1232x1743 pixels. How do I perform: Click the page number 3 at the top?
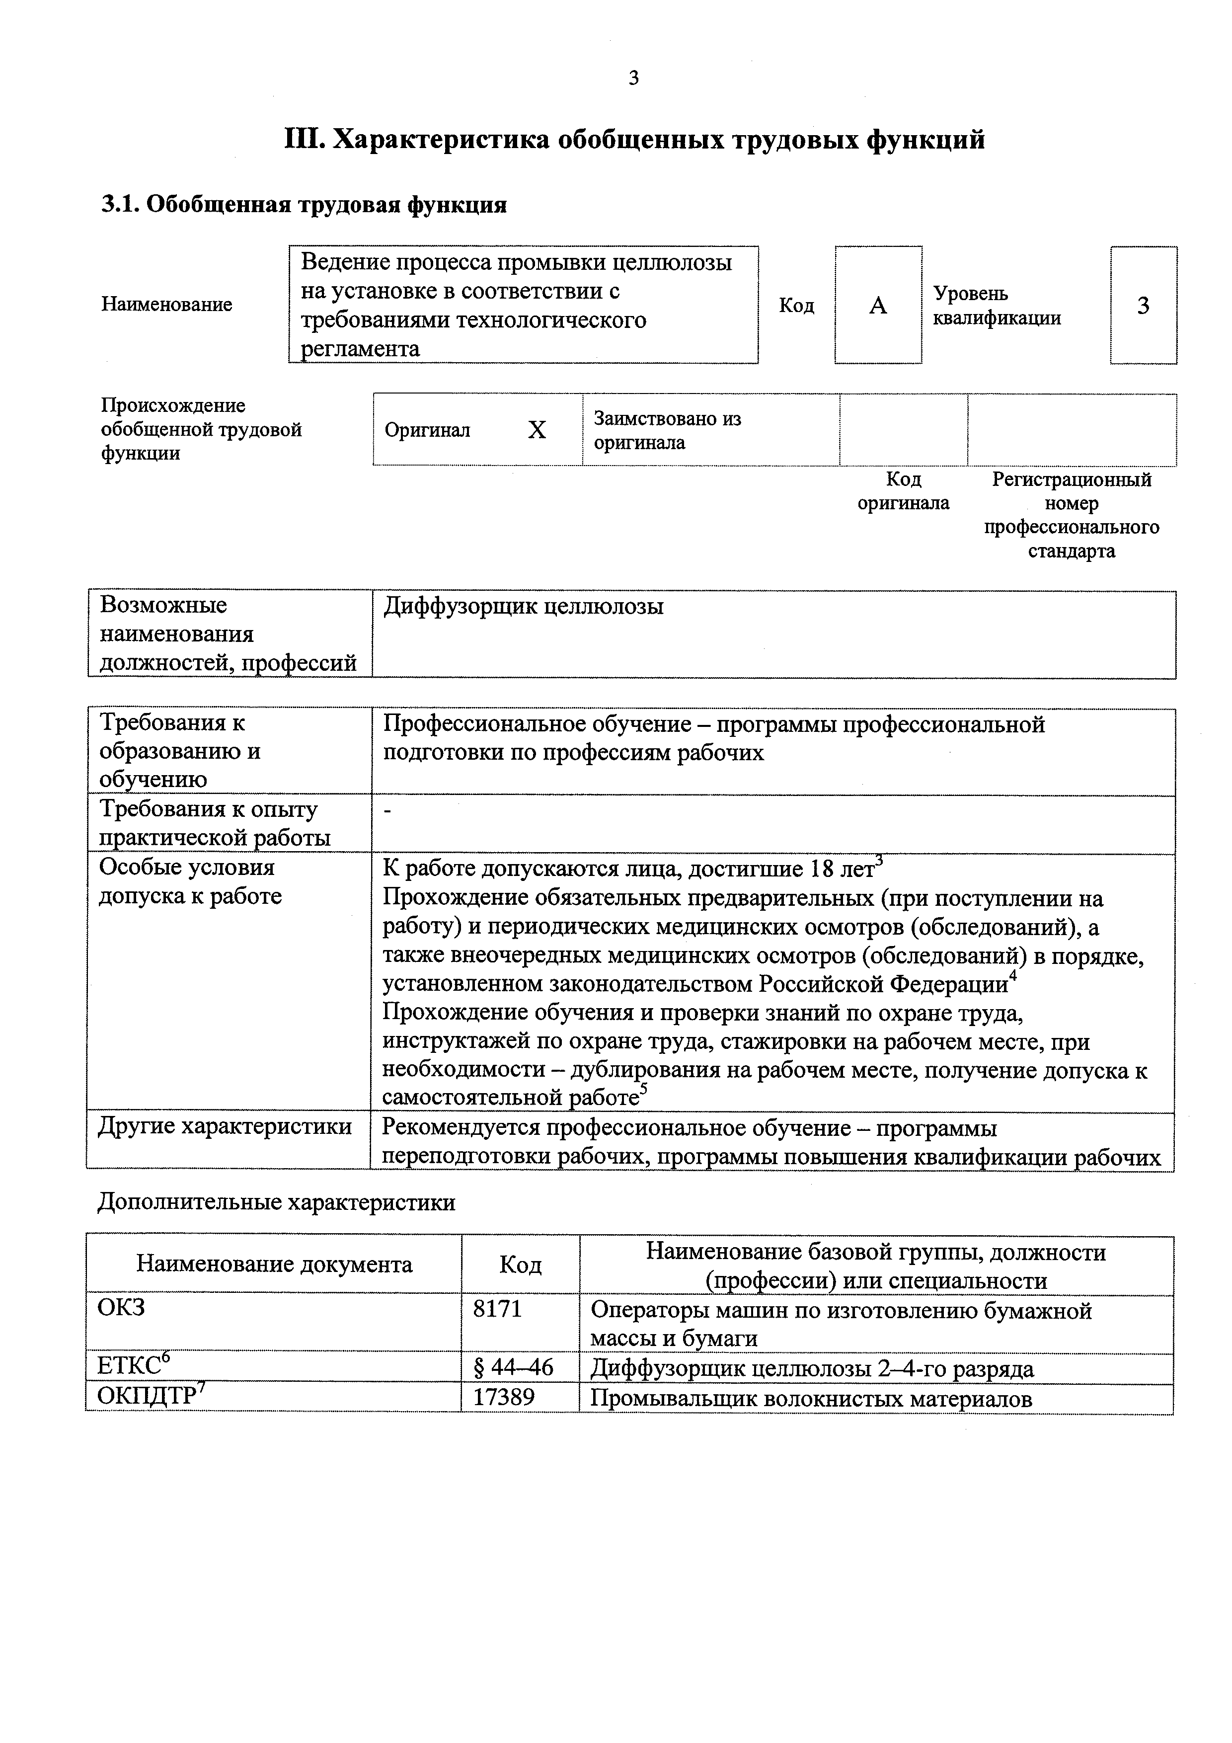pos(634,78)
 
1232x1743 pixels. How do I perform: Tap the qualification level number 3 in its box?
pos(1143,306)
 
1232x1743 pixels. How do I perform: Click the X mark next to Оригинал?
pos(537,430)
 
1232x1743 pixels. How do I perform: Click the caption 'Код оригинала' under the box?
pos(903,491)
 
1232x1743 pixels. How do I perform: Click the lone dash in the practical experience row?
pos(388,811)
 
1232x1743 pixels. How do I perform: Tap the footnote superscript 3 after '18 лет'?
pos(879,860)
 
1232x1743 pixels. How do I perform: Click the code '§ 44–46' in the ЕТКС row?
pos(513,1367)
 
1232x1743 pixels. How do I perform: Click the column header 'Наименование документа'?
pos(274,1264)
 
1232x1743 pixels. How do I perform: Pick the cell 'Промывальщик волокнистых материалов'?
pos(811,1398)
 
